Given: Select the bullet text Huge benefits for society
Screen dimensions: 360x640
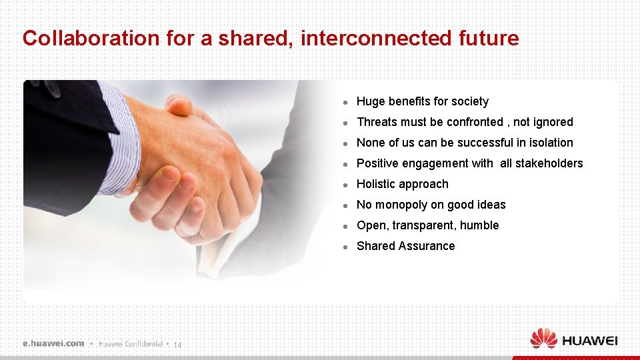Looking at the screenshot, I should pyautogui.click(x=422, y=101).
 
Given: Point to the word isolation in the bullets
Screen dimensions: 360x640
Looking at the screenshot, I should pyautogui.click(x=551, y=143).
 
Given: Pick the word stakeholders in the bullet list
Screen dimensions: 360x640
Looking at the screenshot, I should pyautogui.click(x=550, y=163).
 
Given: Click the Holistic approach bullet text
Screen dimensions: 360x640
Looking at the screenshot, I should pyautogui.click(x=402, y=184).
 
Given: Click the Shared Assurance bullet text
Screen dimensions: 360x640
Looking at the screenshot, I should pyautogui.click(x=405, y=246).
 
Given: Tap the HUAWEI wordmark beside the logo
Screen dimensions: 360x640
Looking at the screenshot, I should pyautogui.click(x=590, y=341).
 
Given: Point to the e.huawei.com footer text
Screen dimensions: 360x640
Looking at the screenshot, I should pyautogui.click(x=53, y=343).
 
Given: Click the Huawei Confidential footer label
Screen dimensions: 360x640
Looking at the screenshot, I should pyautogui.click(x=131, y=344).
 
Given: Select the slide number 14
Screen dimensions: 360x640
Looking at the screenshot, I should pyautogui.click(x=177, y=345).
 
